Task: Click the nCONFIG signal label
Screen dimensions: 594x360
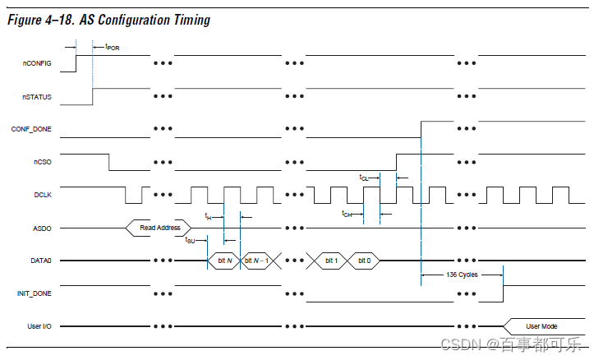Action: tap(37, 63)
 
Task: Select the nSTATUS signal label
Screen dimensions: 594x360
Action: tap(37, 97)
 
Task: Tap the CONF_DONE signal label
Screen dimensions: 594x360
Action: tap(31, 129)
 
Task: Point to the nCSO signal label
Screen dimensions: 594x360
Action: tap(43, 162)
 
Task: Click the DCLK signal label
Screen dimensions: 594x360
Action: tap(43, 195)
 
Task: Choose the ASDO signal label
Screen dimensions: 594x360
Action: tap(42, 228)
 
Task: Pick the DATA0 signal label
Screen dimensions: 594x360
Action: tap(41, 261)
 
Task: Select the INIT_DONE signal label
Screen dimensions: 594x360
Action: tap(34, 293)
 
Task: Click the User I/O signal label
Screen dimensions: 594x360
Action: tap(39, 326)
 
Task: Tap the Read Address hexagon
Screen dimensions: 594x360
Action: tap(159, 228)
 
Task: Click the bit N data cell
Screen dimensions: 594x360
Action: tap(224, 261)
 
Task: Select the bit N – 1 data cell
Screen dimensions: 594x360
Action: tap(256, 261)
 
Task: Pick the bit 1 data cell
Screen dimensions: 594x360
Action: tap(331, 261)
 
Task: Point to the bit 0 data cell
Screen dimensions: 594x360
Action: tap(364, 261)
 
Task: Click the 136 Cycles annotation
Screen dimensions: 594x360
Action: tap(462, 275)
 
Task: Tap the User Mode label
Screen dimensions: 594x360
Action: tap(541, 326)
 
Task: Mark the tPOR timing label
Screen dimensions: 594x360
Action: tap(113, 48)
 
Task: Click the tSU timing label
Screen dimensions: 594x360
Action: tap(190, 240)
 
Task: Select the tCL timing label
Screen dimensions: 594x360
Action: tap(364, 178)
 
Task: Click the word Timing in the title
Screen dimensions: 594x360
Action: tap(191, 20)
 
